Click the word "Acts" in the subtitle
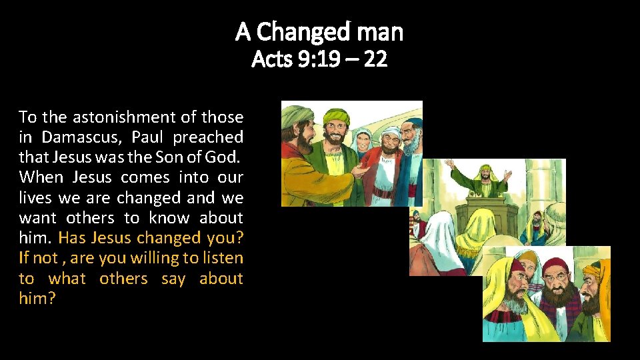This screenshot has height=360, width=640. click(269, 60)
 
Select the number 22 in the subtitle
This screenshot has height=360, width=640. click(376, 60)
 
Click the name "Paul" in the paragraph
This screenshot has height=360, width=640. click(147, 137)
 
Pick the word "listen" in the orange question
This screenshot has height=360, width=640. click(223, 257)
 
